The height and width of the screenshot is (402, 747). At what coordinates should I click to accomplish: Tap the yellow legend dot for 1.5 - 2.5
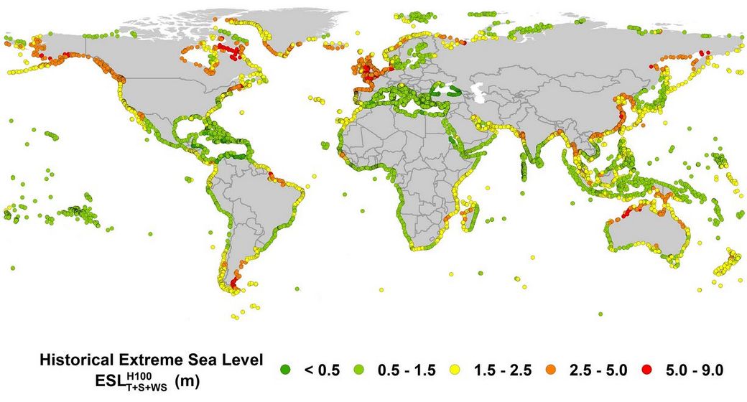point(463,370)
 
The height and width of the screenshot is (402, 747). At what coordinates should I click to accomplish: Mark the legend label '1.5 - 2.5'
point(504,370)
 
